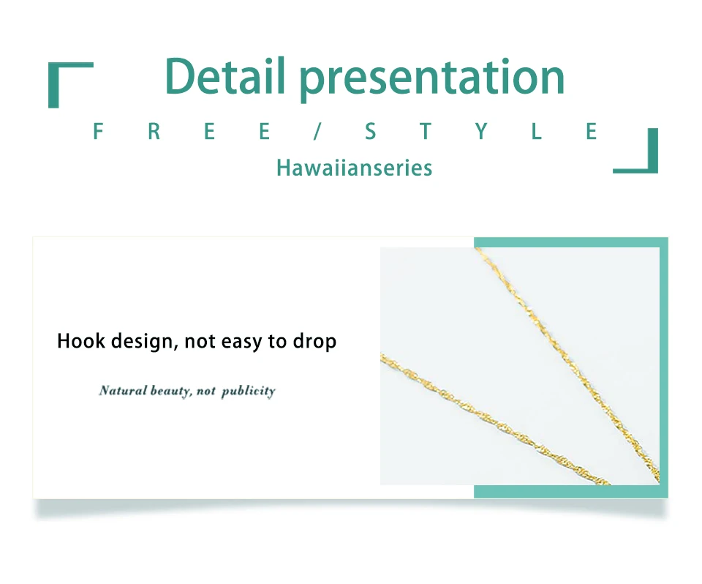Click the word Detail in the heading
pos(225,76)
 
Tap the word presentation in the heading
pos(432,79)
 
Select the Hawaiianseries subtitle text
pos(354,168)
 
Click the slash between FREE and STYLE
pos(317,131)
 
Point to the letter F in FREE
pos(98,131)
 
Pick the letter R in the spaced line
pos(154,131)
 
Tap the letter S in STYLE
pos(370,131)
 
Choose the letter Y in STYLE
pos(481,131)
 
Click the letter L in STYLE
pos(536,131)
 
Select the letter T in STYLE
pos(426,131)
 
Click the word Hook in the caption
pos(80,340)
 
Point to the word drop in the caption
pos(314,342)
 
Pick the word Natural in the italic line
pos(123,390)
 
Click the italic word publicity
pos(249,392)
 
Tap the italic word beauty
pos(171,392)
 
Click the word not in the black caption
pos(200,342)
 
